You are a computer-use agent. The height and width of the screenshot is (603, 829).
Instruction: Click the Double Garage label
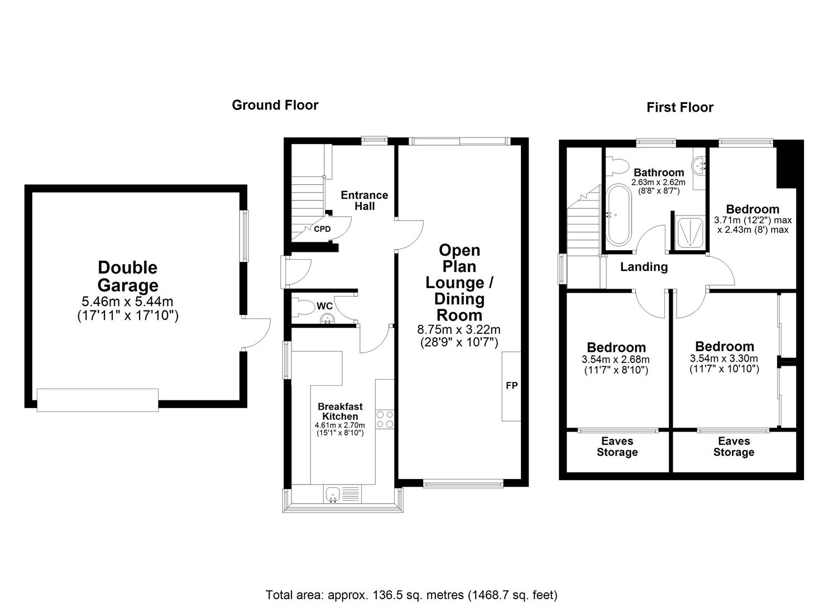(x=128, y=276)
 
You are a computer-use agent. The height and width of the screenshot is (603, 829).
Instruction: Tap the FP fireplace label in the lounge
(x=511, y=385)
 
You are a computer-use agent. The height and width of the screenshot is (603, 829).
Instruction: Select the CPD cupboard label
(x=322, y=229)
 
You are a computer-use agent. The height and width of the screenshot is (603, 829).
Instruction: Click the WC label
(x=325, y=306)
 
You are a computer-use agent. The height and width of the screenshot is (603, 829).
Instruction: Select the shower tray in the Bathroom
(x=689, y=232)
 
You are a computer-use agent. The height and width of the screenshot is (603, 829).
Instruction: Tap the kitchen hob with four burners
(x=385, y=419)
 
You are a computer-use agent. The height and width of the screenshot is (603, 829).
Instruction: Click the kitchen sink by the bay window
(x=333, y=494)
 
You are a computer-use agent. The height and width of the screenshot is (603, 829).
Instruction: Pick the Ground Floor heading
(x=275, y=105)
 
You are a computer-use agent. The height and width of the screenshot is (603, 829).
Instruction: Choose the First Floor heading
(x=679, y=107)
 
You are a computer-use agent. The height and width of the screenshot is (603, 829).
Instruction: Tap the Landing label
(x=644, y=267)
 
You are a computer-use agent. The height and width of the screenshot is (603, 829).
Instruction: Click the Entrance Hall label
(x=364, y=200)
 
